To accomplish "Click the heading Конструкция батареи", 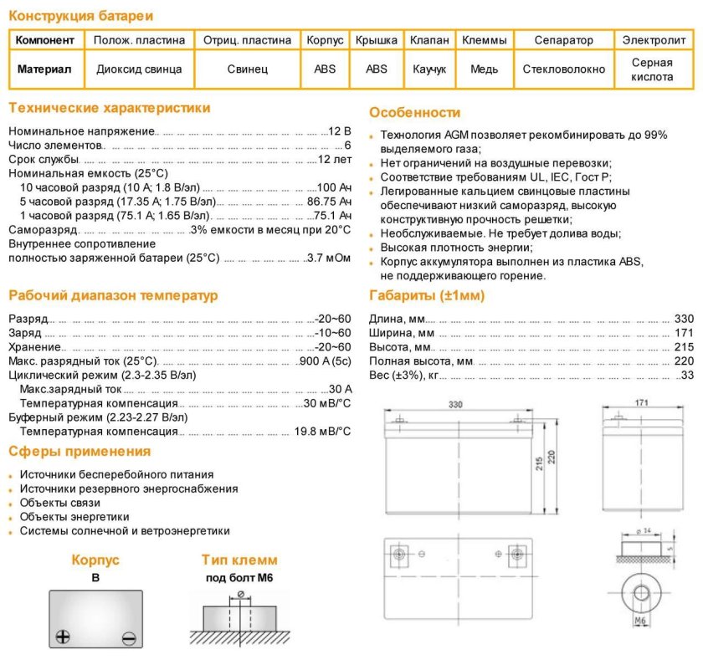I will click(81, 16).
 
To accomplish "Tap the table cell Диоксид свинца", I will click(139, 69).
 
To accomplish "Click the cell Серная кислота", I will click(652, 69).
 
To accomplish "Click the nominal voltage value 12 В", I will click(340, 131).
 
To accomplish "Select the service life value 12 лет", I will click(335, 159).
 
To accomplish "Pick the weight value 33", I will click(687, 376).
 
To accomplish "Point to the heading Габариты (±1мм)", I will click(427, 295).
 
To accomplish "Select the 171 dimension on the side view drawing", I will click(641, 403).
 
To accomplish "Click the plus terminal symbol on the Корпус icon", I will click(62, 637).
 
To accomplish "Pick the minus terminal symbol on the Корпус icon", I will click(128, 637).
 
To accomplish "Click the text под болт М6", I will click(239, 578).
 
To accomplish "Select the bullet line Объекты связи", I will click(60, 503).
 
